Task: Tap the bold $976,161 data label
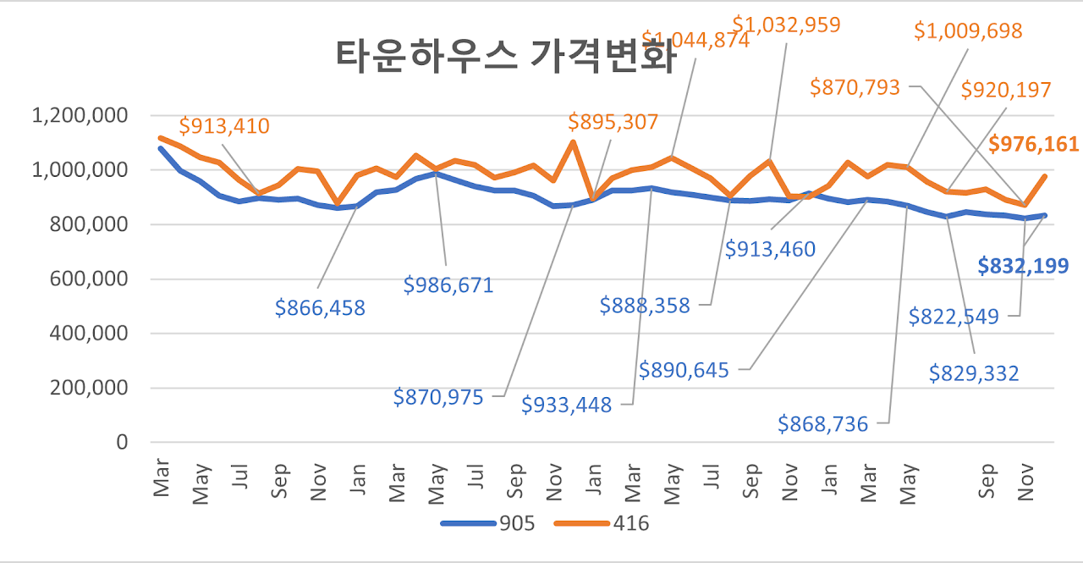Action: tap(1034, 145)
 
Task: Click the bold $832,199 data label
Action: tap(1023, 266)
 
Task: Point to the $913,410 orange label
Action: tap(224, 127)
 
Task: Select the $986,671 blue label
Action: tap(448, 285)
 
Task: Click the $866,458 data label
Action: tap(320, 308)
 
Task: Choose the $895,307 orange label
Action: tap(613, 122)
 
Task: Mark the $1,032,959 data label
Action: tap(786, 24)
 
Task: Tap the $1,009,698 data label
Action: tap(968, 31)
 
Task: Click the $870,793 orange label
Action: tap(855, 86)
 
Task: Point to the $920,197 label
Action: tap(1006, 89)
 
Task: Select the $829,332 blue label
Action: tap(974, 373)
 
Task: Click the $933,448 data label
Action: tap(566, 406)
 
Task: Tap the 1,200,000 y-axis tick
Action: tap(80, 115)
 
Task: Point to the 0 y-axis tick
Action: tap(121, 442)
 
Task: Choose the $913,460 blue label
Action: tap(770, 249)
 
